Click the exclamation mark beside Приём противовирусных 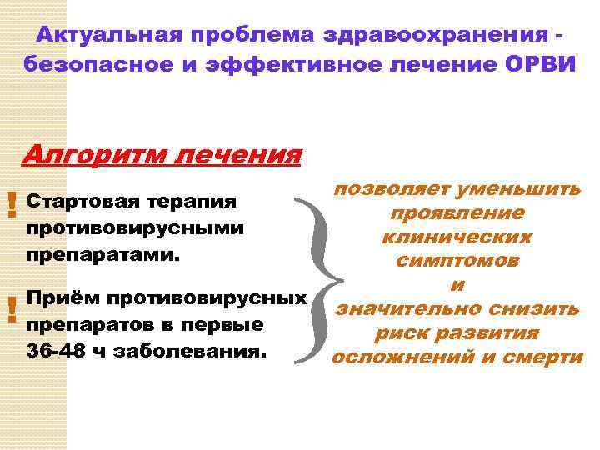tap(11, 310)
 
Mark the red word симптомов tap(457, 261)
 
